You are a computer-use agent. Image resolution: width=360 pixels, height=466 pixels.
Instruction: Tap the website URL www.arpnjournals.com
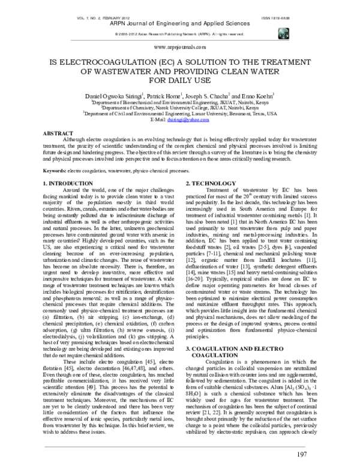click(x=180, y=46)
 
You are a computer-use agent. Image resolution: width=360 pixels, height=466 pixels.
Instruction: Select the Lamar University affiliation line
click(x=180, y=113)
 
